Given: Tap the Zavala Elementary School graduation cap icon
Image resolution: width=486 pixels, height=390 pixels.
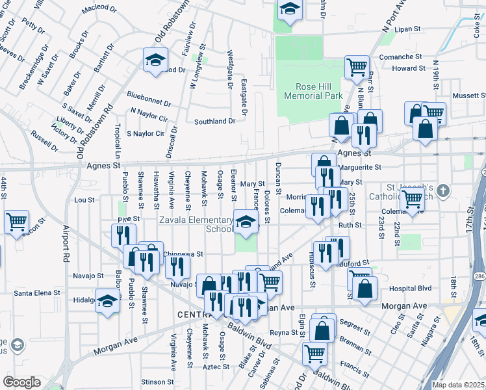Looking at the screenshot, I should pos(245,222).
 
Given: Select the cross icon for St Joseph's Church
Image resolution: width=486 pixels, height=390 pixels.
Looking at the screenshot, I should pos(442,191).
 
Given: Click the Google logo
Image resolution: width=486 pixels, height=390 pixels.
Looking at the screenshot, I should pos(21,382).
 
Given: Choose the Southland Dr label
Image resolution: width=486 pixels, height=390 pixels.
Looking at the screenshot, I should pos(214,122).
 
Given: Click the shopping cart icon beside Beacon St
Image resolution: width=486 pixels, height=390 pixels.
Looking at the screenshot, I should pos(16,222).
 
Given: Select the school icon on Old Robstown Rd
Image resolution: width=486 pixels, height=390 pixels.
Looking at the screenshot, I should pos(155,60).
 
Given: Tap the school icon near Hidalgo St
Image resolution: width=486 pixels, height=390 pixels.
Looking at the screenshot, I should pos(108,301).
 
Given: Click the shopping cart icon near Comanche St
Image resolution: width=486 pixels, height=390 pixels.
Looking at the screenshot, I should pos(357,66).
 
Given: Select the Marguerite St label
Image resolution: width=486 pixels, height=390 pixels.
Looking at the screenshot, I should pos(359,167).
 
